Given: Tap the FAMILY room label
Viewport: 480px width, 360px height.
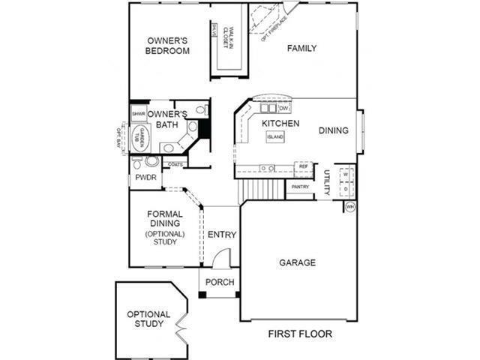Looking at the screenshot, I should click(301, 49).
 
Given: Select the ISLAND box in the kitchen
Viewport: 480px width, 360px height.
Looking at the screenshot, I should click(275, 137).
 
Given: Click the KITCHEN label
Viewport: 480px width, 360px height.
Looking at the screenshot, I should click(280, 123).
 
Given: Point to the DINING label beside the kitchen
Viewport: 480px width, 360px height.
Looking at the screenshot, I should click(334, 130).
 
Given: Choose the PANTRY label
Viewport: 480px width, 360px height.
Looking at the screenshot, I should click(300, 187).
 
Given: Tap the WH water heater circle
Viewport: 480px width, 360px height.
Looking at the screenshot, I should click(349, 205).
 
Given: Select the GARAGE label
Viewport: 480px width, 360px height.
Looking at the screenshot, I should click(297, 262).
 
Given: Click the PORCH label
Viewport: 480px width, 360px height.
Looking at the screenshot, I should click(220, 283).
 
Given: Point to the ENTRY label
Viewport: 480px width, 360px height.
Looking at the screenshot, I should click(221, 235).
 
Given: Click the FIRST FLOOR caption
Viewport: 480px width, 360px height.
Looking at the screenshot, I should click(300, 334).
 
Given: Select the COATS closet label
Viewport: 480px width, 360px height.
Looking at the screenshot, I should click(175, 164).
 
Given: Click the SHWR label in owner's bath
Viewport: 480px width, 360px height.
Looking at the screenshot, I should click(139, 114).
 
